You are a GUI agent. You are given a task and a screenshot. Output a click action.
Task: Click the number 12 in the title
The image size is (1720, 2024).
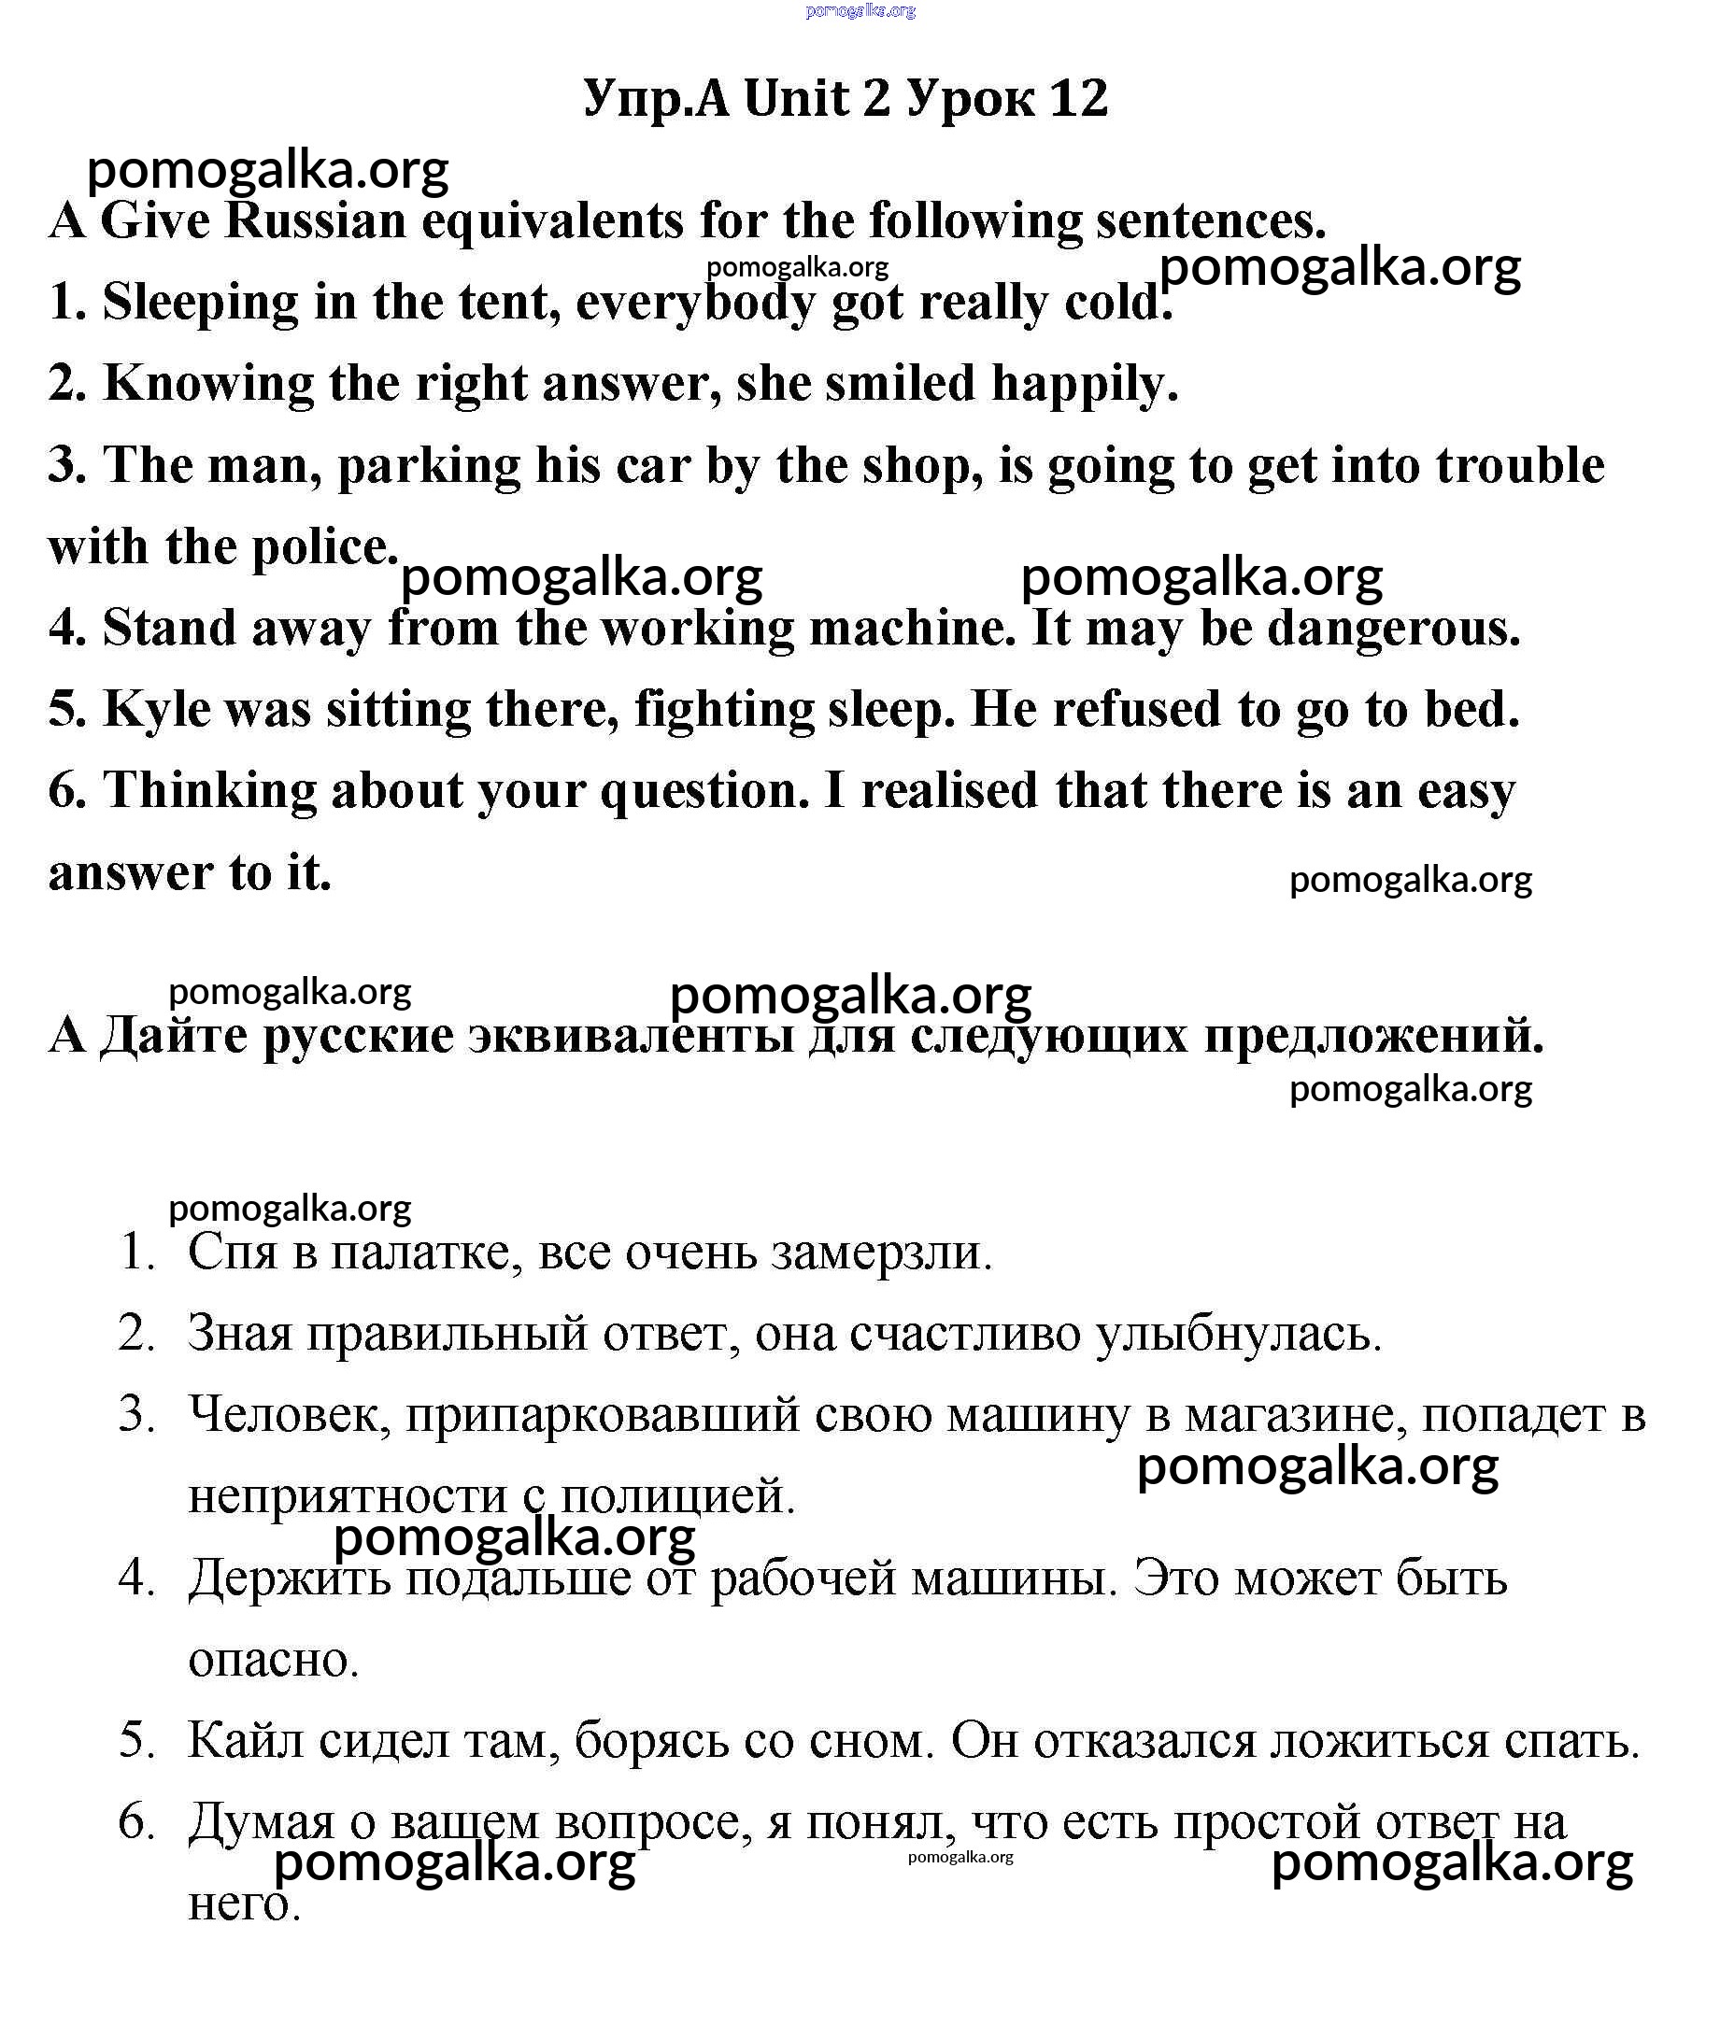pyautogui.click(x=1079, y=98)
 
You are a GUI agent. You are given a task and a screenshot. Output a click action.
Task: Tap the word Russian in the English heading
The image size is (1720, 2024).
pyautogui.click(x=315, y=220)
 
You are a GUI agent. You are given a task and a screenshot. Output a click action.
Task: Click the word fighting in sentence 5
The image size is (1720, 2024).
pyautogui.click(x=723, y=710)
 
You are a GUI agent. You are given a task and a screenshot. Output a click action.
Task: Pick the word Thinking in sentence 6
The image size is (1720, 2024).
pyautogui.click(x=209, y=791)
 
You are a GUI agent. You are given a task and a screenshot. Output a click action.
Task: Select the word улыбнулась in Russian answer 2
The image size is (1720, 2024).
pyautogui.click(x=1238, y=1334)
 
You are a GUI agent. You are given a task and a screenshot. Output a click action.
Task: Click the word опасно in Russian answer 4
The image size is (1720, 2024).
pyautogui.click(x=274, y=1659)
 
